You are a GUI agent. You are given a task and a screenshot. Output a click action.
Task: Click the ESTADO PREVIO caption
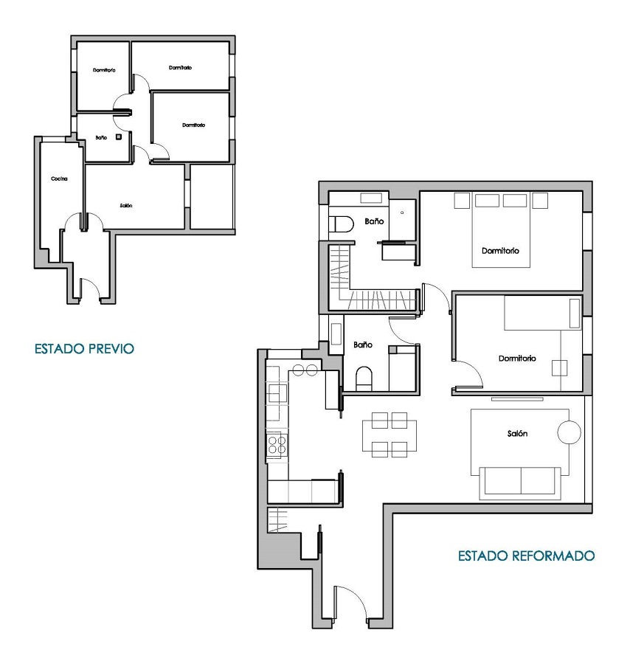(x=84, y=347)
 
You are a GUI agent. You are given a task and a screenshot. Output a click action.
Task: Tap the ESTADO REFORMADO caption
(x=526, y=555)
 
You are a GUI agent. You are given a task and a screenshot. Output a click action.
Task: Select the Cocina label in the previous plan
(x=59, y=179)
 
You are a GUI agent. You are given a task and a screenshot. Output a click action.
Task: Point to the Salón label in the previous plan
(x=125, y=205)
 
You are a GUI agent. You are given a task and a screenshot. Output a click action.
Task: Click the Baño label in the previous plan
(x=101, y=137)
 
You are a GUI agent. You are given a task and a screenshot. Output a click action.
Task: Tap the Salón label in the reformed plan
(x=517, y=435)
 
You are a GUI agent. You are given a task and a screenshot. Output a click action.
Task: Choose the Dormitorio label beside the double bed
(x=500, y=251)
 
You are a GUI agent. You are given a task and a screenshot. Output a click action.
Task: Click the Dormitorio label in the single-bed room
(x=516, y=359)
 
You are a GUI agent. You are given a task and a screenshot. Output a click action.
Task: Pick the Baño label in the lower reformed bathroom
(x=361, y=345)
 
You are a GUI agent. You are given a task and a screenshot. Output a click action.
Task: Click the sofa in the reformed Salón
(x=520, y=480)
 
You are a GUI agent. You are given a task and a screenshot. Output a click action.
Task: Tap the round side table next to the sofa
(x=569, y=432)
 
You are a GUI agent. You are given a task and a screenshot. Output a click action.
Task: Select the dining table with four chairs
(x=389, y=435)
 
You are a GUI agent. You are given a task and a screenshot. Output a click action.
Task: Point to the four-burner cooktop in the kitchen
(x=277, y=444)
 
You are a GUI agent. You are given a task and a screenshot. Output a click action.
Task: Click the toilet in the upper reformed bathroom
(x=340, y=223)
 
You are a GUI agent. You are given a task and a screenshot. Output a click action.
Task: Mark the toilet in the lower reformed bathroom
(x=364, y=378)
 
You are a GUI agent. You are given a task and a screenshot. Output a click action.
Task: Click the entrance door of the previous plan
(x=88, y=289)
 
